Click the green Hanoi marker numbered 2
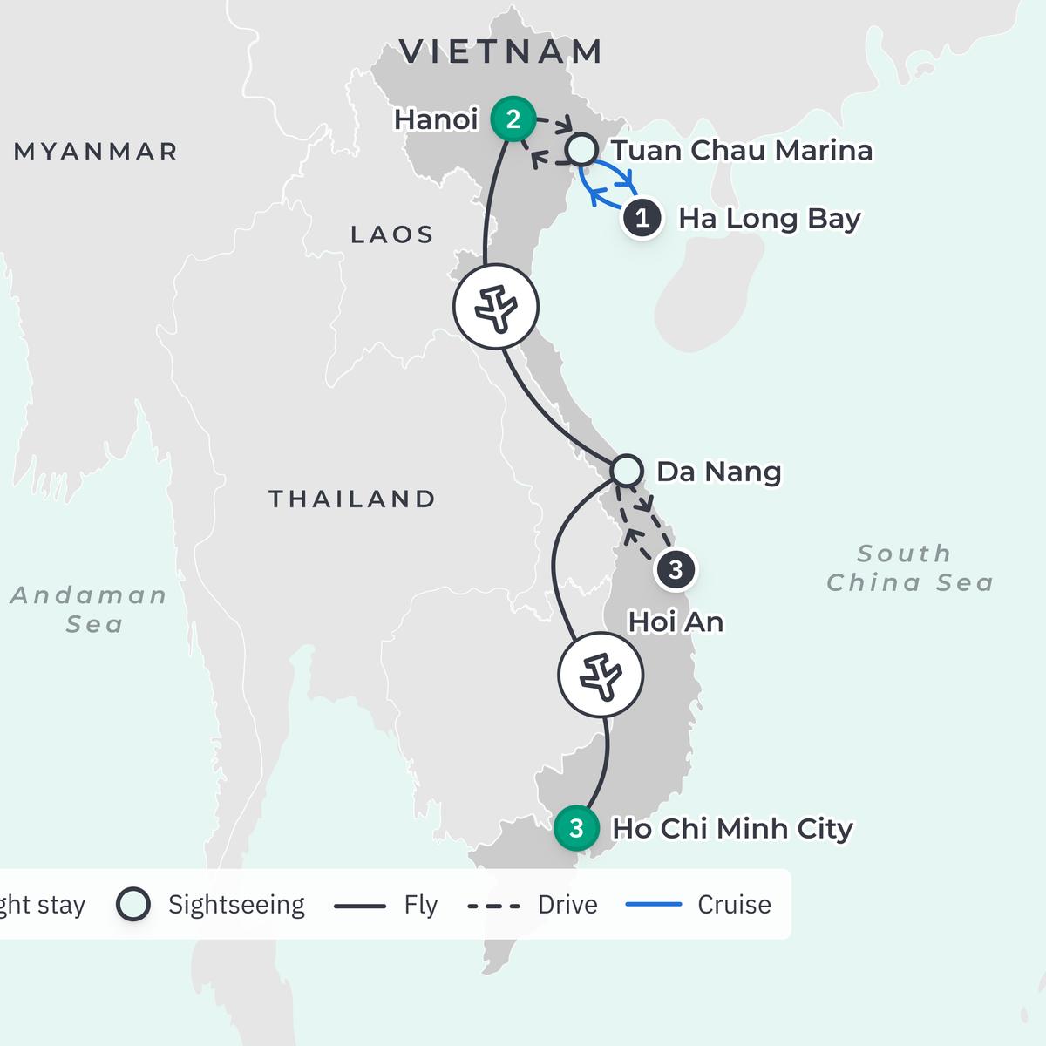coord(513,119)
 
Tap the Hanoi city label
coord(436,119)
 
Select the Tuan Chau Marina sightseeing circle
coord(581,149)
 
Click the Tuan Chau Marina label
coord(741,150)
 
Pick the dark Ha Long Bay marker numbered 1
coord(642,218)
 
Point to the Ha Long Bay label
coord(769,218)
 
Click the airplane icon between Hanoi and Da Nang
coord(497,306)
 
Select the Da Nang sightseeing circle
coord(627,471)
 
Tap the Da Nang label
coord(718,472)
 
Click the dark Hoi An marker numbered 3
coord(675,570)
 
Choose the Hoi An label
coord(676,622)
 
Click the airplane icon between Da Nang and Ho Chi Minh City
coord(601,675)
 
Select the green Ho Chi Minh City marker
coord(576,827)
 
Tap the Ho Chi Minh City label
coord(732,828)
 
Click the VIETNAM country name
coord(501,51)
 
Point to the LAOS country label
coord(392,234)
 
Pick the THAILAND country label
coord(352,499)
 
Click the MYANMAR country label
coord(96,152)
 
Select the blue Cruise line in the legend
coord(654,905)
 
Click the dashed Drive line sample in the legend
coord(494,906)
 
